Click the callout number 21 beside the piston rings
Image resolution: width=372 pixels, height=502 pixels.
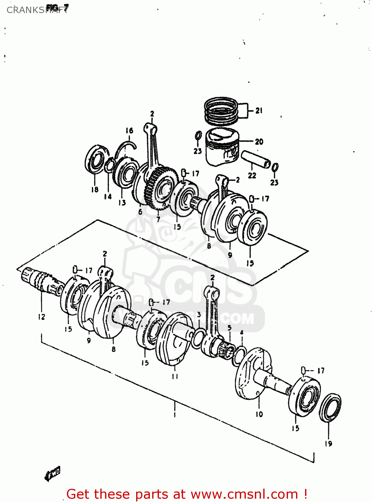[259, 110]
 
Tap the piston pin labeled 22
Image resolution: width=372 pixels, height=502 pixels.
[256, 159]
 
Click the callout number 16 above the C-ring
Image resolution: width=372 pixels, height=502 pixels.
[129, 131]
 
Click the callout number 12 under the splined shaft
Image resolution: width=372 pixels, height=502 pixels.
[41, 317]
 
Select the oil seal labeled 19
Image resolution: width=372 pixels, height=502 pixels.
[330, 408]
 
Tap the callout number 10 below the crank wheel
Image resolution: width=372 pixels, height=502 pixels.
[259, 414]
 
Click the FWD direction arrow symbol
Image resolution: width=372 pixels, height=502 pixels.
[52, 474]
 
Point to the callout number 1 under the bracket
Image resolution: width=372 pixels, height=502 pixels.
[174, 415]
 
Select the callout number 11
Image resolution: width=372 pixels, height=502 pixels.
[175, 376]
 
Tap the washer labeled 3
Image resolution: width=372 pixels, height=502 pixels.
[198, 338]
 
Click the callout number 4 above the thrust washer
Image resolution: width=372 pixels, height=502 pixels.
[242, 333]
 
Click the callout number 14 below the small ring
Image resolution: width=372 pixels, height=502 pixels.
[108, 196]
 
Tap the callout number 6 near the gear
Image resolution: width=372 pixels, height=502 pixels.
[140, 212]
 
